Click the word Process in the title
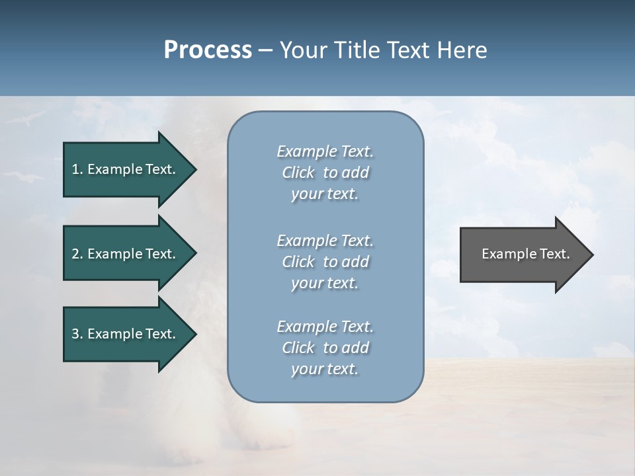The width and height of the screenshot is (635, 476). point(208,50)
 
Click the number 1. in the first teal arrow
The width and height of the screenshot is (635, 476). point(77,169)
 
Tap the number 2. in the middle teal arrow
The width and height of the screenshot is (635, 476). point(77,254)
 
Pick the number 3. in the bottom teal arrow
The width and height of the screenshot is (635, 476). point(77,334)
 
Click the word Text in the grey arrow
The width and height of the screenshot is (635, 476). point(554,254)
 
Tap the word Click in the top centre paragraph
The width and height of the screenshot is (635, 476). point(298,173)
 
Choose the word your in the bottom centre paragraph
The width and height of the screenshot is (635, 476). point(307,370)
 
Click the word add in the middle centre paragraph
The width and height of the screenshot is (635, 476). point(355,262)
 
